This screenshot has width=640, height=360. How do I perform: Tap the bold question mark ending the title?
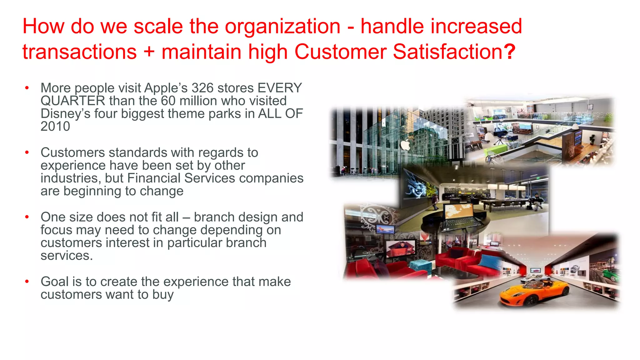tap(509, 52)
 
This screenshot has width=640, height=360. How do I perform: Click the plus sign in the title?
tap(149, 52)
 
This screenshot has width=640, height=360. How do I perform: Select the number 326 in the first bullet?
tap(202, 88)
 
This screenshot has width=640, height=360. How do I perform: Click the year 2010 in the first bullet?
tap(55, 127)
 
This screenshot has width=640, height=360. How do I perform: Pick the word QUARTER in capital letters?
tap(73, 101)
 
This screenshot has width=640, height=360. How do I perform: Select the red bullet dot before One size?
tap(27, 217)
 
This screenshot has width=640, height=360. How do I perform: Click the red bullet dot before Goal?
tap(27, 282)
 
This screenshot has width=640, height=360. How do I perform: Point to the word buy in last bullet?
tap(163, 295)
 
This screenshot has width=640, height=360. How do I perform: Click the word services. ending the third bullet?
tap(67, 256)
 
